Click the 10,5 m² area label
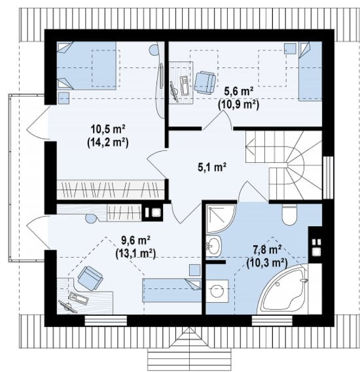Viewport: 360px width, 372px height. (108, 129)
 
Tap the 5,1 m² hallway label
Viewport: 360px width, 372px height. (212, 167)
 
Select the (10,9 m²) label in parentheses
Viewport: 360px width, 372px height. (238, 105)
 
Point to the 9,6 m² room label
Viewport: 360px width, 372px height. (135, 241)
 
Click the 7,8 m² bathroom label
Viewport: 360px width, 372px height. (267, 250)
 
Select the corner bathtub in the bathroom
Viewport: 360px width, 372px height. (283, 290)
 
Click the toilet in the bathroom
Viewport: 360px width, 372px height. (289, 214)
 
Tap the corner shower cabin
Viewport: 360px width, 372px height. (221, 218)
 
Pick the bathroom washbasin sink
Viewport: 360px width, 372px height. (213, 246)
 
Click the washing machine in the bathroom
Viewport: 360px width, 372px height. (217, 291)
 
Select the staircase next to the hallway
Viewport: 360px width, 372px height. (284, 165)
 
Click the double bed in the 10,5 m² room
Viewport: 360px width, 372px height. (86, 66)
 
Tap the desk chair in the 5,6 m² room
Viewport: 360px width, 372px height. (205, 82)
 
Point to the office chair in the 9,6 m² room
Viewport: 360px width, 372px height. (90, 279)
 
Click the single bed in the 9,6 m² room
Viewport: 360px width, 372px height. (172, 290)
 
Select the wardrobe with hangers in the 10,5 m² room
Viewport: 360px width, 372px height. (111, 190)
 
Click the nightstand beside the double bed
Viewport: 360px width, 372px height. (63, 98)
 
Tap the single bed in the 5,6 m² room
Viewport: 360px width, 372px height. (310, 71)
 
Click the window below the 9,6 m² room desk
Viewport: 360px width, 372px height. (105, 321)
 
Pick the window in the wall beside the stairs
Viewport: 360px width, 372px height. (328, 177)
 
